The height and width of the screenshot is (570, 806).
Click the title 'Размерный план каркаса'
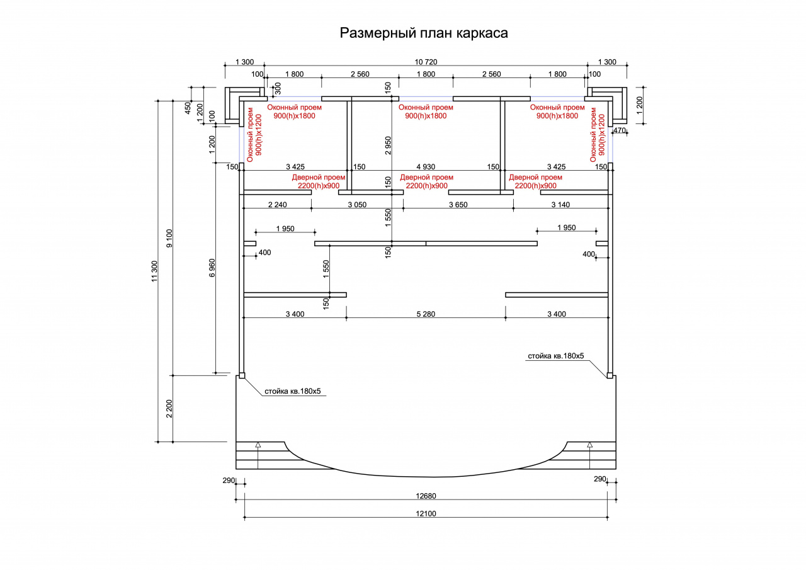[x=424, y=33]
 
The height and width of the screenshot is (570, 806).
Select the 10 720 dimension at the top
[x=426, y=62]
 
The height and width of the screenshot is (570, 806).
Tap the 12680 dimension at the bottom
[x=426, y=496]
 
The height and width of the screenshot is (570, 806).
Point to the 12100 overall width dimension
[x=426, y=513]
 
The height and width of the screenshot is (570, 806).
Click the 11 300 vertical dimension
[x=154, y=271]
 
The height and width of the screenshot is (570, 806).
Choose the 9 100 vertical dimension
[x=169, y=238]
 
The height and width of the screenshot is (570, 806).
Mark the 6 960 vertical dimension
[x=212, y=268]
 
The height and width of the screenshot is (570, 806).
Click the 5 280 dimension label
[x=426, y=314]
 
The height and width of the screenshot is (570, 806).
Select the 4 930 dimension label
[x=426, y=167]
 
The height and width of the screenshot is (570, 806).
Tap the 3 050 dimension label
[x=357, y=205]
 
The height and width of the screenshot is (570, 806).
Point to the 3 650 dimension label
[x=458, y=205]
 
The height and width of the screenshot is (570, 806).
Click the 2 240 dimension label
[x=278, y=205]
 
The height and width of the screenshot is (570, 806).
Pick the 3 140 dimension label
[x=560, y=205]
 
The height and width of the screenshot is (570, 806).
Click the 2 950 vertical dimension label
[x=387, y=145]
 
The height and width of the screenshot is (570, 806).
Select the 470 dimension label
[x=620, y=130]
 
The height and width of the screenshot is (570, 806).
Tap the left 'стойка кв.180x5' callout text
[x=293, y=391]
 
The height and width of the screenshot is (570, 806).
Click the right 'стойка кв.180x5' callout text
[x=556, y=356]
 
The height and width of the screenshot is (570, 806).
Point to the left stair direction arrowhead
[x=258, y=445]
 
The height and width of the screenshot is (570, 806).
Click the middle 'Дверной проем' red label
[x=426, y=177]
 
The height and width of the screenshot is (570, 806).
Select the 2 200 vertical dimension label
[x=169, y=408]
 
